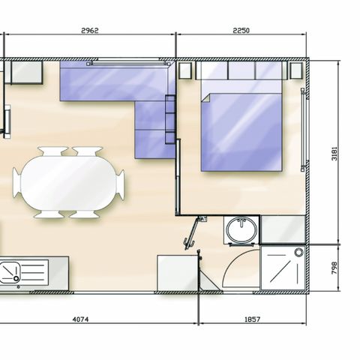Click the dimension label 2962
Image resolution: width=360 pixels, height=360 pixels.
[90, 31]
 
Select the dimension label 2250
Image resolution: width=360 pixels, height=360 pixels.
[241, 31]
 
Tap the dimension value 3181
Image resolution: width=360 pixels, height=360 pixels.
[334, 154]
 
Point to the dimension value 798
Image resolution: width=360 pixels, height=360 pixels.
[334, 268]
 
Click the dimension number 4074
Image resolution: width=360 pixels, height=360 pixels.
[80, 319]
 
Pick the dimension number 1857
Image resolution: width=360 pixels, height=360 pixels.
[252, 319]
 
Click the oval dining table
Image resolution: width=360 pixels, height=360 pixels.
[68, 183]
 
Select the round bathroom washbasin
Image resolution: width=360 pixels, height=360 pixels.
[241, 229]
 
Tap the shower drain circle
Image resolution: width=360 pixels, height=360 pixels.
[298, 253]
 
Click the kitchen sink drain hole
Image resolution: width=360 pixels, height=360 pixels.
[16, 278]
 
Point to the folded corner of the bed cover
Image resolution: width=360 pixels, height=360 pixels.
[206, 98]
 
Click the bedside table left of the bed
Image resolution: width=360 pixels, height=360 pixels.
[185, 70]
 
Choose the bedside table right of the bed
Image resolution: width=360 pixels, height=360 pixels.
[296, 70]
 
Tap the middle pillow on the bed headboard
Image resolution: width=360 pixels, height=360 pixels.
[241, 70]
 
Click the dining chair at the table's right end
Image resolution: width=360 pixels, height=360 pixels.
[120, 184]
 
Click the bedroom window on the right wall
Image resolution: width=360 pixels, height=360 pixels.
[303, 130]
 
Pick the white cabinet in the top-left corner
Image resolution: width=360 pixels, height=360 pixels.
[27, 72]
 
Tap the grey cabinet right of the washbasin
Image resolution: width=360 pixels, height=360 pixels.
[283, 229]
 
